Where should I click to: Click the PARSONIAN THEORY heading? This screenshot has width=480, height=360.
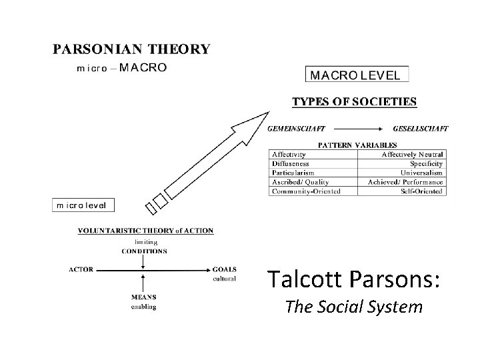[x=131, y=49]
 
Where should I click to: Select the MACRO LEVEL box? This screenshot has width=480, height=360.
[x=357, y=75]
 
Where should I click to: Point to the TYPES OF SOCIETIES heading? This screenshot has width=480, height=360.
[x=355, y=102]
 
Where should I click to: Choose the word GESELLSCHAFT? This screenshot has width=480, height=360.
[x=421, y=129]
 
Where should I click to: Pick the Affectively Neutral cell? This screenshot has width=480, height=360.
[x=412, y=154]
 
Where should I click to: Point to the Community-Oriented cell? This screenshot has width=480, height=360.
[x=306, y=191]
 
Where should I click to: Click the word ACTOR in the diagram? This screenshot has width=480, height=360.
[x=81, y=270]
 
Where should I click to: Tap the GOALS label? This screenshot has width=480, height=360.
[x=224, y=270]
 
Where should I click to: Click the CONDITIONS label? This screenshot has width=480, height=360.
[x=144, y=251]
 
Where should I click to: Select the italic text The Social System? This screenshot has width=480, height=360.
[x=353, y=307]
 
